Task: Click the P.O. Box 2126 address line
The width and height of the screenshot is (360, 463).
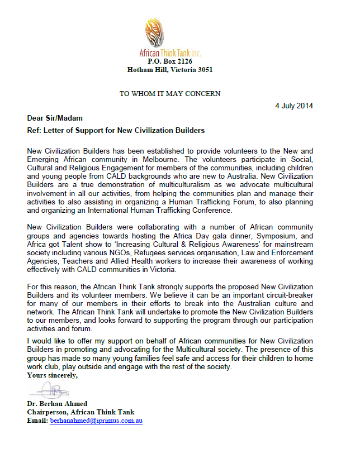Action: tap(170, 61)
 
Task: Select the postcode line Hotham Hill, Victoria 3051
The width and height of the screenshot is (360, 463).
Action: tap(170, 70)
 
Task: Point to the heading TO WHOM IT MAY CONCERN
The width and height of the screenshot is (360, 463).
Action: tap(170, 93)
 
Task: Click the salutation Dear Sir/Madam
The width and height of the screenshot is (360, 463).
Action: tap(54, 118)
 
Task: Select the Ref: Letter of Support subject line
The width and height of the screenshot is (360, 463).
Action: tap(116, 131)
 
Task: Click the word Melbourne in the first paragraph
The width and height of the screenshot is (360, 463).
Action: tap(163, 159)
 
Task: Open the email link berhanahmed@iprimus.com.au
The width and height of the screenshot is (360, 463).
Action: tap(96, 421)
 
